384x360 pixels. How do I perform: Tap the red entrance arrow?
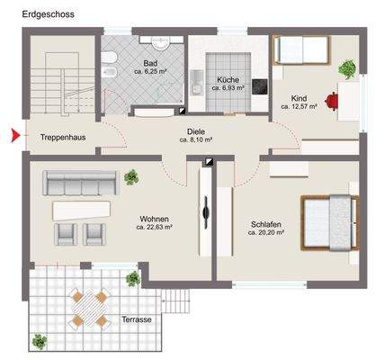point(13,137)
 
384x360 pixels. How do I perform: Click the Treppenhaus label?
point(61,138)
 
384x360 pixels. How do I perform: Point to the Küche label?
point(228,79)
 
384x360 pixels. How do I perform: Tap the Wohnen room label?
point(155,219)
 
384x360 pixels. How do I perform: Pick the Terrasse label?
point(136,319)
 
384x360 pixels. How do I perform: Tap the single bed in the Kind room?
point(299,49)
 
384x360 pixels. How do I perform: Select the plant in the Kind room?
point(345,68)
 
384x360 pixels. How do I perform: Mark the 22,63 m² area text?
point(155,228)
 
